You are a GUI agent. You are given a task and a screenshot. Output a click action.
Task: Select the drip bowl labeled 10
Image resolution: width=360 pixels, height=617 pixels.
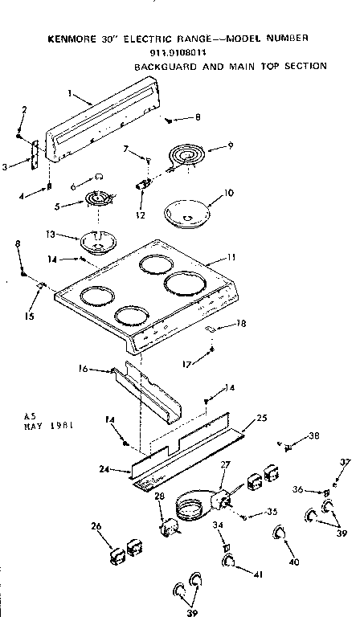point(186,215)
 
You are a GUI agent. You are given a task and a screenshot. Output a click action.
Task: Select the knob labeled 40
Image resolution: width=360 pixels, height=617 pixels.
point(279,532)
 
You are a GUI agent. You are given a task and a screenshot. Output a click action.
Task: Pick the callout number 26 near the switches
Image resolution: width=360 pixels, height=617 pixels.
point(96,527)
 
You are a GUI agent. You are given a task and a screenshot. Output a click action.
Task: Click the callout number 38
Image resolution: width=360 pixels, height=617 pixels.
point(313,437)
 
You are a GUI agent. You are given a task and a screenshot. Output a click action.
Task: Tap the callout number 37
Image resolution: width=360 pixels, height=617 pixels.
point(346,462)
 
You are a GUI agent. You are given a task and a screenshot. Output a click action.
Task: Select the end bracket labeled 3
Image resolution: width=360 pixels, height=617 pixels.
point(35,153)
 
